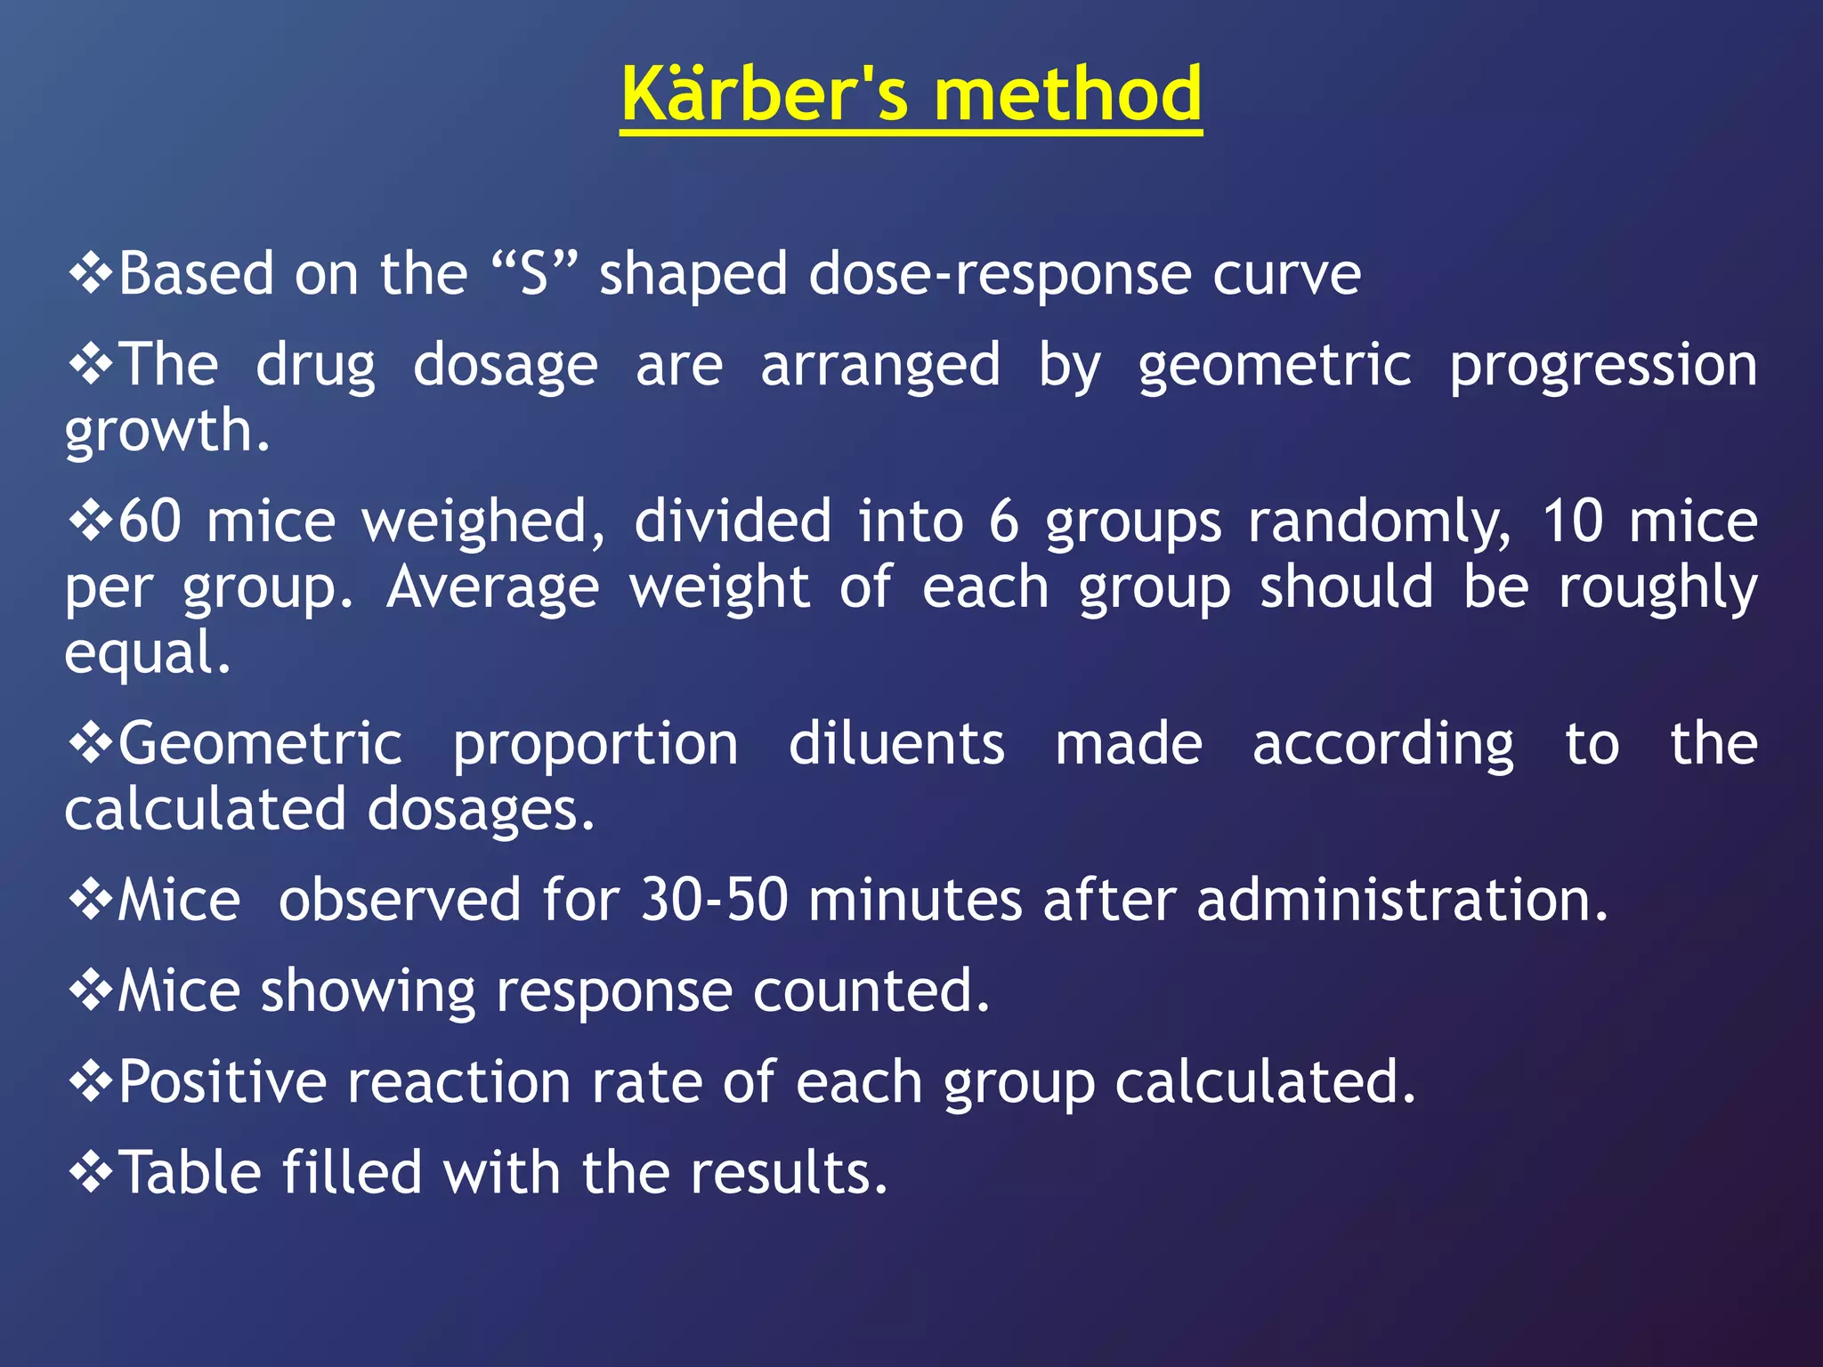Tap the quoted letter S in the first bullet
(534, 274)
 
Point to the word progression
(1602, 367)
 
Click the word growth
(166, 432)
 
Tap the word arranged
(880, 367)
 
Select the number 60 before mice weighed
(150, 522)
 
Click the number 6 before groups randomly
(1003, 522)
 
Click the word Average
(492, 588)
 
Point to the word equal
(147, 654)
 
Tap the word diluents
(896, 745)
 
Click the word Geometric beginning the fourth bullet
(260, 745)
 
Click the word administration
(1402, 901)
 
